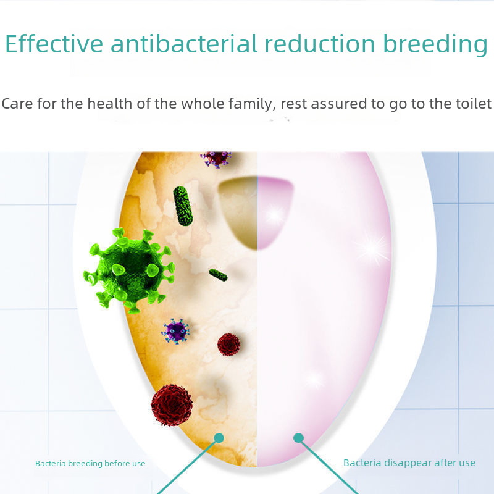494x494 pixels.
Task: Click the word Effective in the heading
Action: [x=54, y=43]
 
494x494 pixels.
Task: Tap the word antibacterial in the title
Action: [x=184, y=43]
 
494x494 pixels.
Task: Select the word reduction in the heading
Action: [x=320, y=43]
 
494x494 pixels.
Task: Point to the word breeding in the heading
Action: [x=435, y=44]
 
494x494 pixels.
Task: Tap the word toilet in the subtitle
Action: [x=474, y=103]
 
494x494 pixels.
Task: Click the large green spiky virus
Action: [x=129, y=270]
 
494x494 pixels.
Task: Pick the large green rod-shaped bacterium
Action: [x=183, y=206]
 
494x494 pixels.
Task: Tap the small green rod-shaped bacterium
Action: [x=219, y=275]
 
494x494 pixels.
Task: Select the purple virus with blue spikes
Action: [x=175, y=331]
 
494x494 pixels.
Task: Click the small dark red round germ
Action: [x=228, y=345]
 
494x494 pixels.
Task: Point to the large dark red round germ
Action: [x=172, y=405]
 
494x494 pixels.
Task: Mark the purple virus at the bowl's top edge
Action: [x=216, y=159]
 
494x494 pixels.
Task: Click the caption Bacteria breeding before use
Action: [x=90, y=464]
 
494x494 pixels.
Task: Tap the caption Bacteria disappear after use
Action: [x=409, y=463]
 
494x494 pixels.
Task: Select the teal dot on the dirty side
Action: [x=219, y=438]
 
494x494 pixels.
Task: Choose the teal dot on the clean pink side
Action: [x=298, y=438]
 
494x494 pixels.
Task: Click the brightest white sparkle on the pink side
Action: [x=372, y=249]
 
